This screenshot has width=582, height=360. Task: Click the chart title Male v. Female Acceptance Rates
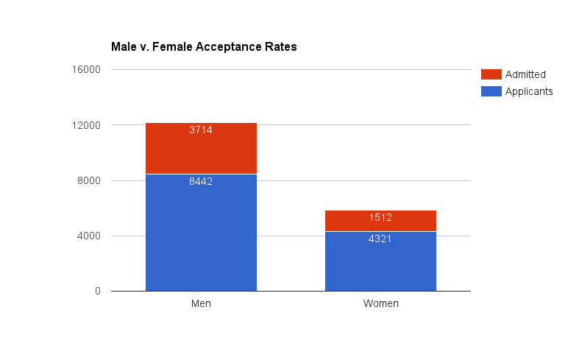[x=204, y=47]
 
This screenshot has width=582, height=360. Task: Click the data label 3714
[x=201, y=130]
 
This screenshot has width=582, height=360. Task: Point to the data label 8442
[x=201, y=181]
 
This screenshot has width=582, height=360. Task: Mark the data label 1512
[x=380, y=217]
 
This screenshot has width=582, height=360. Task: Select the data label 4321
[x=380, y=239]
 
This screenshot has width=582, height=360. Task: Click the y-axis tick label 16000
[x=85, y=70]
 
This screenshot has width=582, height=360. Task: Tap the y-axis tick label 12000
[x=85, y=125]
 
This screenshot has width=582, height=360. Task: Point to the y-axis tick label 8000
[x=88, y=181]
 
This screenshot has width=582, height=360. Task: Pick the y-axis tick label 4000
[x=88, y=236]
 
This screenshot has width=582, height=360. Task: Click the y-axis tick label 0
[x=97, y=292]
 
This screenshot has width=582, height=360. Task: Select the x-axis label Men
[x=201, y=304]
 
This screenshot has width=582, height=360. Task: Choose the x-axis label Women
[x=380, y=304]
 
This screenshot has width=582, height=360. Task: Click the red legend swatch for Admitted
[x=491, y=74]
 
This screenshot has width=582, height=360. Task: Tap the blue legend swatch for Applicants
[x=491, y=91]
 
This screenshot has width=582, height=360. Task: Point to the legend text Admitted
[x=525, y=74]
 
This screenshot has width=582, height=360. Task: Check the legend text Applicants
[x=529, y=91]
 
